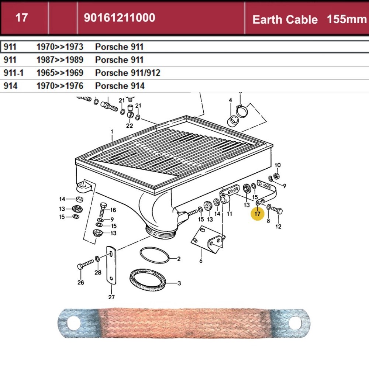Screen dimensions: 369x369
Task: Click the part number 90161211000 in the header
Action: tap(119, 18)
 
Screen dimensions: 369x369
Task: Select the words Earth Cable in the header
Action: tap(285, 20)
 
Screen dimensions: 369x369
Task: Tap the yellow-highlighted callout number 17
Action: tap(257, 214)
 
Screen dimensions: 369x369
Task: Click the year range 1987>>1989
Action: tap(60, 60)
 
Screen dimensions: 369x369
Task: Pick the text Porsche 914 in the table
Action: tap(120, 86)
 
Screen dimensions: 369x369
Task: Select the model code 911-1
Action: tap(13, 73)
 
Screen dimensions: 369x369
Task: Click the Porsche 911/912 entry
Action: tap(128, 73)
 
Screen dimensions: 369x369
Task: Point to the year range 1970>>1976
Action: tap(60, 86)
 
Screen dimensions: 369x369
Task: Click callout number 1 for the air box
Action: tap(112, 131)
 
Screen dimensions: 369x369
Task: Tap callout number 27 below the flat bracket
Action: tap(111, 297)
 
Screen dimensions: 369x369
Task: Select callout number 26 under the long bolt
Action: tap(80, 283)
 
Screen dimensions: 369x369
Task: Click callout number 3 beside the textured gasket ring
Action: tap(179, 283)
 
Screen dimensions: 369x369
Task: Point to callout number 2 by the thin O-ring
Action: tap(179, 259)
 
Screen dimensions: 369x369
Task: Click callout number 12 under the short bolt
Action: tap(278, 226)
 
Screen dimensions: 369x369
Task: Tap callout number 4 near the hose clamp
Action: tap(230, 100)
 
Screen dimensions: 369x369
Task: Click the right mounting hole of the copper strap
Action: tap(294, 324)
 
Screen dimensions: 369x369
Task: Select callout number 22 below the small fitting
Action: tap(129, 125)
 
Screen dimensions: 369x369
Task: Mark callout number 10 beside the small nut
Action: tap(278, 165)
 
